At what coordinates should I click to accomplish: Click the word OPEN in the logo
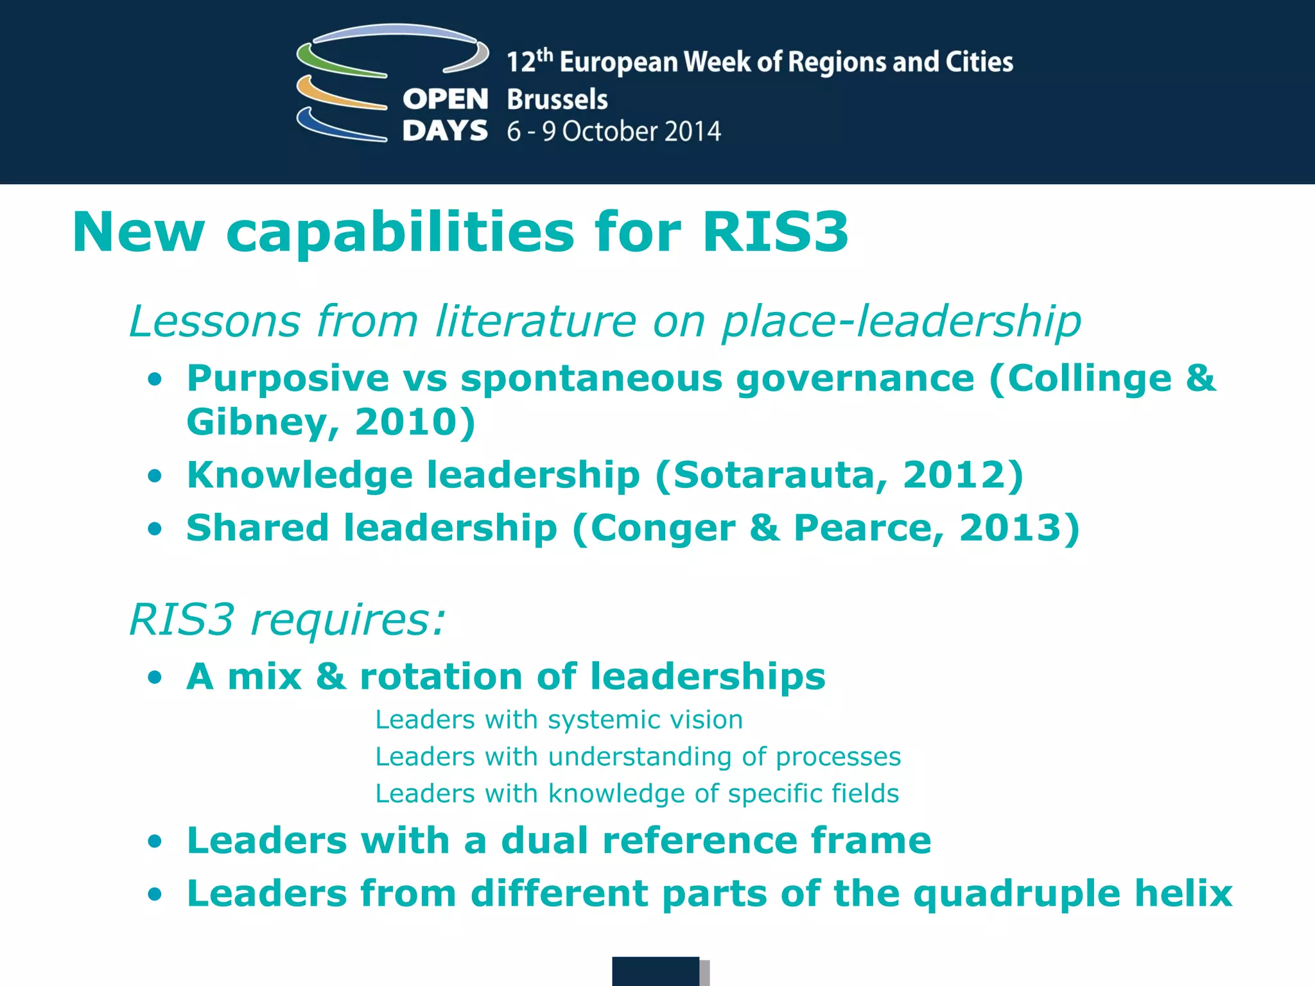pyautogui.click(x=445, y=99)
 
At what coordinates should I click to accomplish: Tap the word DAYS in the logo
pyautogui.click(x=445, y=131)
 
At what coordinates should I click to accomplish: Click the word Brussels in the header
pyautogui.click(x=557, y=99)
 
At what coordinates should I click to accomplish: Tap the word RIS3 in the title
pyautogui.click(x=775, y=232)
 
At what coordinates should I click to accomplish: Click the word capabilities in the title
pyautogui.click(x=400, y=233)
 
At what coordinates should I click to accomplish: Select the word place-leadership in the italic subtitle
pyautogui.click(x=901, y=321)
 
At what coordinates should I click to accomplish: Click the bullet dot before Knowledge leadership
pyautogui.click(x=154, y=476)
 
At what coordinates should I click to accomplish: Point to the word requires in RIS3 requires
pyautogui.click(x=347, y=621)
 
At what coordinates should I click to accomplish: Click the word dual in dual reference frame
pyautogui.click(x=544, y=840)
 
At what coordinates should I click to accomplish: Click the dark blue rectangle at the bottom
pyautogui.click(x=655, y=971)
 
